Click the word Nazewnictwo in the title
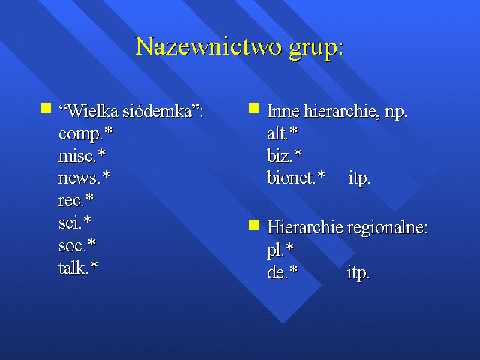coord(208,46)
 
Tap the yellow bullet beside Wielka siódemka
coord(46,108)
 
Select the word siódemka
coord(163,111)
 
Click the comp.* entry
coord(85,134)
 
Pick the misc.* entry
coord(82,156)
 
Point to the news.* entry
coord(84,178)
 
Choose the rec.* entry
coord(76,200)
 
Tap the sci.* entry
coord(75,223)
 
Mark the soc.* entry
coord(77,245)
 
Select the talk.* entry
coord(78,267)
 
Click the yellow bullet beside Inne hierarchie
coord(254,108)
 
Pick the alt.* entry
coord(282,133)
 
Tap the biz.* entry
coord(285,156)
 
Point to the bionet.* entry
coord(296,178)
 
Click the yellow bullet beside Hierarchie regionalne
coord(254,225)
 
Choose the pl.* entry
coord(280,250)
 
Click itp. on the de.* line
coord(358,272)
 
